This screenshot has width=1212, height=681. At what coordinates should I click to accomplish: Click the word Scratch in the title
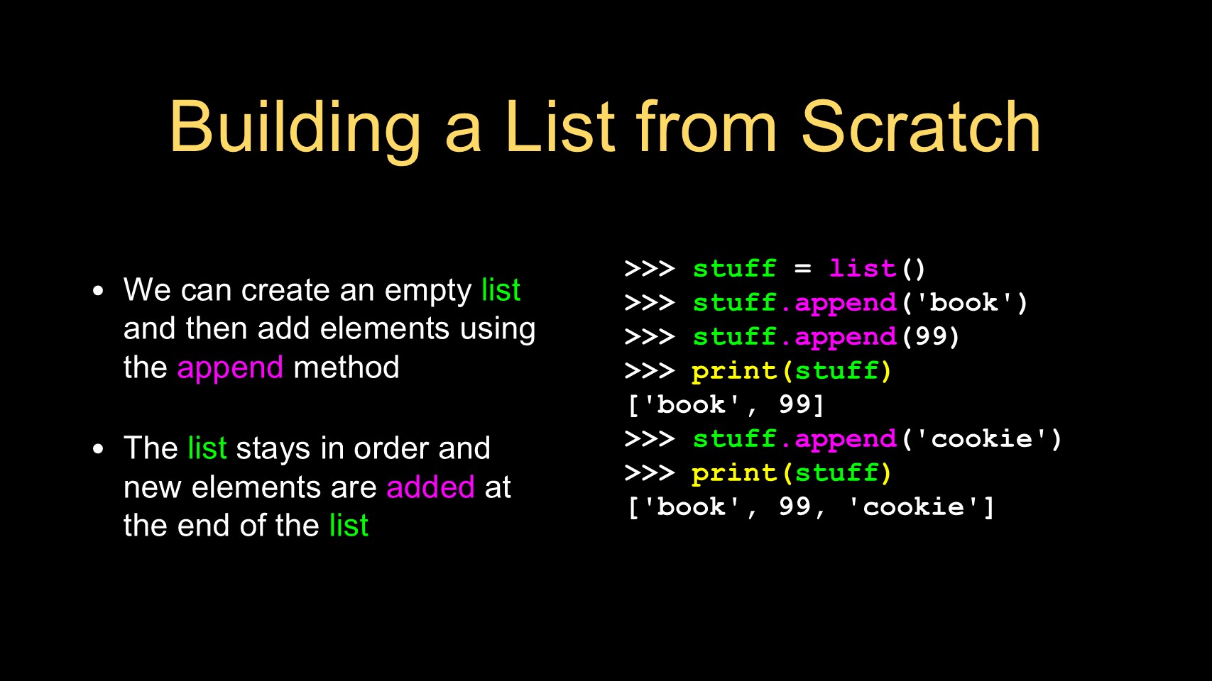coord(920,128)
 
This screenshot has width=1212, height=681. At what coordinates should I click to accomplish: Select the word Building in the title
coord(295,131)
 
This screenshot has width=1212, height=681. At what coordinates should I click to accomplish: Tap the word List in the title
coord(560,128)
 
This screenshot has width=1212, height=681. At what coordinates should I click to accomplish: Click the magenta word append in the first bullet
coord(230,369)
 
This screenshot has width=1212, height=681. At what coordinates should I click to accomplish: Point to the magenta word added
coord(431,487)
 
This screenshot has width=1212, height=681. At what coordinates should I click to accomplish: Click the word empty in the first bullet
coord(428,292)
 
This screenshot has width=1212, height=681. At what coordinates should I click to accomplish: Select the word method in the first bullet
coord(346,367)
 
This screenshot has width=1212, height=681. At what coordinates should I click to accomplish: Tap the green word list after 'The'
coord(207,448)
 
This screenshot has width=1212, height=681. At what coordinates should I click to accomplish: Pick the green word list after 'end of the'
coord(349,525)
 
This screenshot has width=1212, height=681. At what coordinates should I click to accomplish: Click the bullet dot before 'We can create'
coord(98,292)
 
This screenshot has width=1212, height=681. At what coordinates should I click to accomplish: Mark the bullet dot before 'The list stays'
coord(98,449)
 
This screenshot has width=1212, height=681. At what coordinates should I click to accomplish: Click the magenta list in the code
coord(863,269)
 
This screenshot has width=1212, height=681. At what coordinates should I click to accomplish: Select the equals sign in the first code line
coord(803,269)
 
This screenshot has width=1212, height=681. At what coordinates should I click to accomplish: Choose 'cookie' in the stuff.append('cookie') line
coord(981,438)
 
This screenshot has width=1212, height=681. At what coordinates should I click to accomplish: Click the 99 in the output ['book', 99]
coord(795,404)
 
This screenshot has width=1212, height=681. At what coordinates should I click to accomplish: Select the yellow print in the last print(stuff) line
coord(735,473)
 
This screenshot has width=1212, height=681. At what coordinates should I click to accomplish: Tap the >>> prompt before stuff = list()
coord(649,269)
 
